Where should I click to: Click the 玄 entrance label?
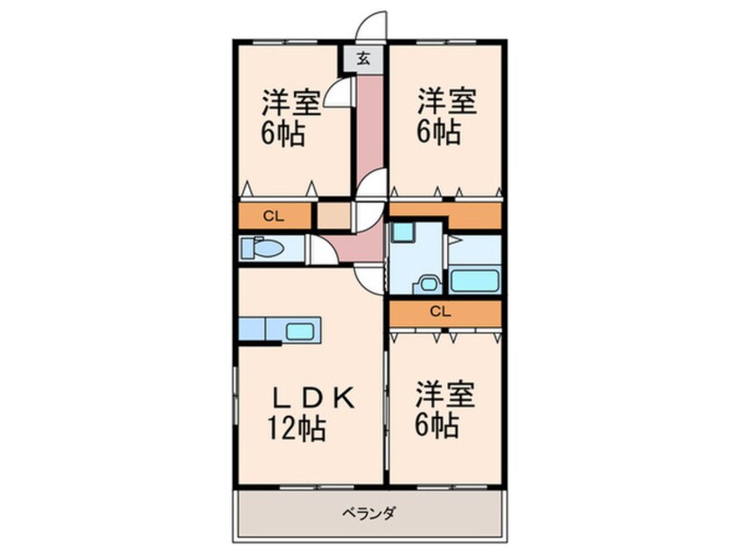point(363,59)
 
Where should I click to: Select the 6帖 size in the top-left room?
point(282,135)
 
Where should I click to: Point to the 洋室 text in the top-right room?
point(446,101)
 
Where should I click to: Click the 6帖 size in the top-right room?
point(438,134)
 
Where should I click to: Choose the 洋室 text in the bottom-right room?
point(446,394)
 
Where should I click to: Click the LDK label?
point(311,398)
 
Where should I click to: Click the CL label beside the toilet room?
point(272,215)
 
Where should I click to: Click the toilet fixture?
point(262,250)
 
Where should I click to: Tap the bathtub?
point(474,281)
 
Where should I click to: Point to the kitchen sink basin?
point(302,331)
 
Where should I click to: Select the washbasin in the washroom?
point(427,284)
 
